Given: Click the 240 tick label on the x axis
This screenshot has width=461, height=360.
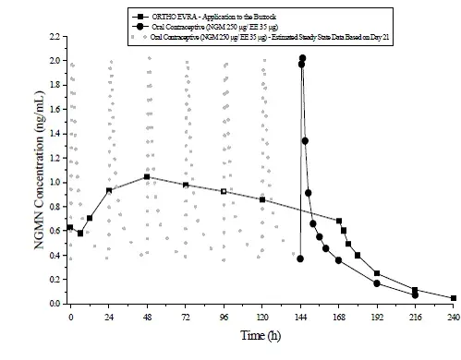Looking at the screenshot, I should click(x=453, y=317).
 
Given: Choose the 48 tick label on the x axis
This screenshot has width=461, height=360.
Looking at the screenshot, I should click(x=147, y=317).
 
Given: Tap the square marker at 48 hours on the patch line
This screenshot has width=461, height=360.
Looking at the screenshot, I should click(x=147, y=177).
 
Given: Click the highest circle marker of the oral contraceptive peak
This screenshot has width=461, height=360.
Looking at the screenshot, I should click(x=303, y=58).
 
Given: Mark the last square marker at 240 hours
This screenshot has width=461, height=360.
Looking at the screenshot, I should click(x=454, y=298).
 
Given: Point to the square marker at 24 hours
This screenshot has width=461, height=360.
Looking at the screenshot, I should click(x=109, y=190).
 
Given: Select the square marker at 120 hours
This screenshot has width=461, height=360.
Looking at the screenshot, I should click(x=262, y=199).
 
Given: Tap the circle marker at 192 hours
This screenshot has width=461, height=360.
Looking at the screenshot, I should click(x=377, y=283).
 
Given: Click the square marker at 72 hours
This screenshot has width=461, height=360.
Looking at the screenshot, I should click(x=186, y=185).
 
